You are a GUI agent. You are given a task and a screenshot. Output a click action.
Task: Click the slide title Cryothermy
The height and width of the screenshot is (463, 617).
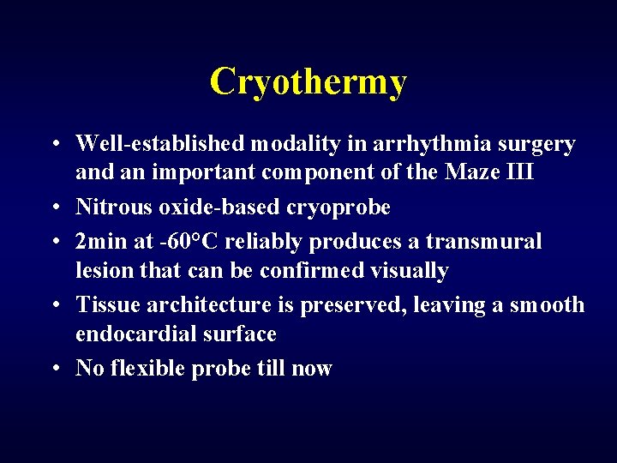pos(308,82)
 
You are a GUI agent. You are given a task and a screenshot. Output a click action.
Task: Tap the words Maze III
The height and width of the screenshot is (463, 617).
pos(489,172)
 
